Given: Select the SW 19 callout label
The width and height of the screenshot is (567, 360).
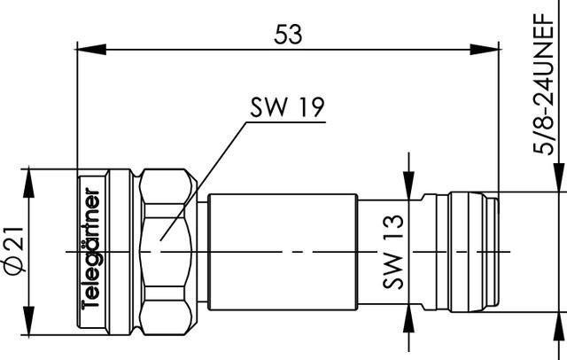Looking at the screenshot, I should pos(286,109).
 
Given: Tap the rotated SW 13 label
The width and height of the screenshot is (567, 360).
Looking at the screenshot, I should pos(393,252).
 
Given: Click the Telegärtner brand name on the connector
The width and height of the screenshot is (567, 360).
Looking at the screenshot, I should pos(91,248).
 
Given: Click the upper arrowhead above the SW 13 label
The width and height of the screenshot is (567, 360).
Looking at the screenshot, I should pos(408,188).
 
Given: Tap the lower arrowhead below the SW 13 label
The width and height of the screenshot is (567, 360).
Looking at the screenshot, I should pos(408,317).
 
